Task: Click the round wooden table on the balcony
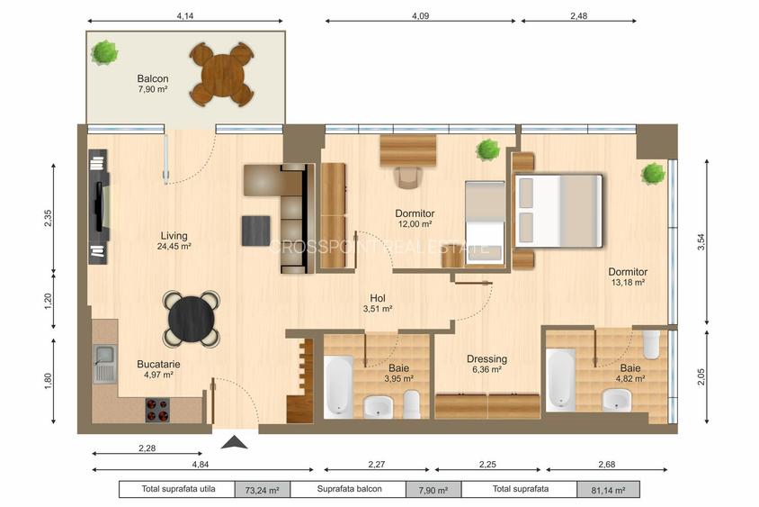point(222,75)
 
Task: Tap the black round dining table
point(192,319)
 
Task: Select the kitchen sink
point(104,364)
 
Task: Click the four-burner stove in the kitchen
point(157,410)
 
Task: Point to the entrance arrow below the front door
point(235,442)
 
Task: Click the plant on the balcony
point(104,53)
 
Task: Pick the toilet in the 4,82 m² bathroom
point(651,344)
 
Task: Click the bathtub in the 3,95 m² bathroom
point(338,386)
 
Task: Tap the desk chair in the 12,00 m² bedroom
point(408,177)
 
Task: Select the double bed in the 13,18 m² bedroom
point(558,211)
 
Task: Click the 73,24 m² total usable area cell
point(263,490)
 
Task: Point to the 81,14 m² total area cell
point(608,490)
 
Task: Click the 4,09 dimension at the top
point(420,16)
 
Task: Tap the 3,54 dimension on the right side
point(701,242)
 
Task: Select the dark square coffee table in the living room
point(256,231)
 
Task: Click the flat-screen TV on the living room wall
point(100,206)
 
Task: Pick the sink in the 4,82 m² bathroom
point(617,401)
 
